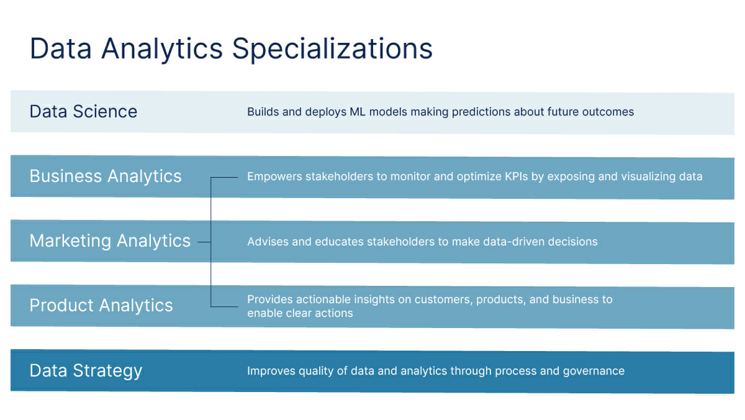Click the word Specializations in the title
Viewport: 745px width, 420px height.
333,49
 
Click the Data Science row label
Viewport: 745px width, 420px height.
83,112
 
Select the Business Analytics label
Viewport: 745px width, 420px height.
106,176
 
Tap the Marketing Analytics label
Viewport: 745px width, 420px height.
110,241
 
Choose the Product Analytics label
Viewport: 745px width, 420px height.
101,306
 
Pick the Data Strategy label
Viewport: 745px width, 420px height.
86,371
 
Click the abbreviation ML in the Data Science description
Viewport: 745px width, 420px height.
358,112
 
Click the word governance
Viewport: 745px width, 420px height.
594,371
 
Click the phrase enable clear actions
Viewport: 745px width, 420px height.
300,313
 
